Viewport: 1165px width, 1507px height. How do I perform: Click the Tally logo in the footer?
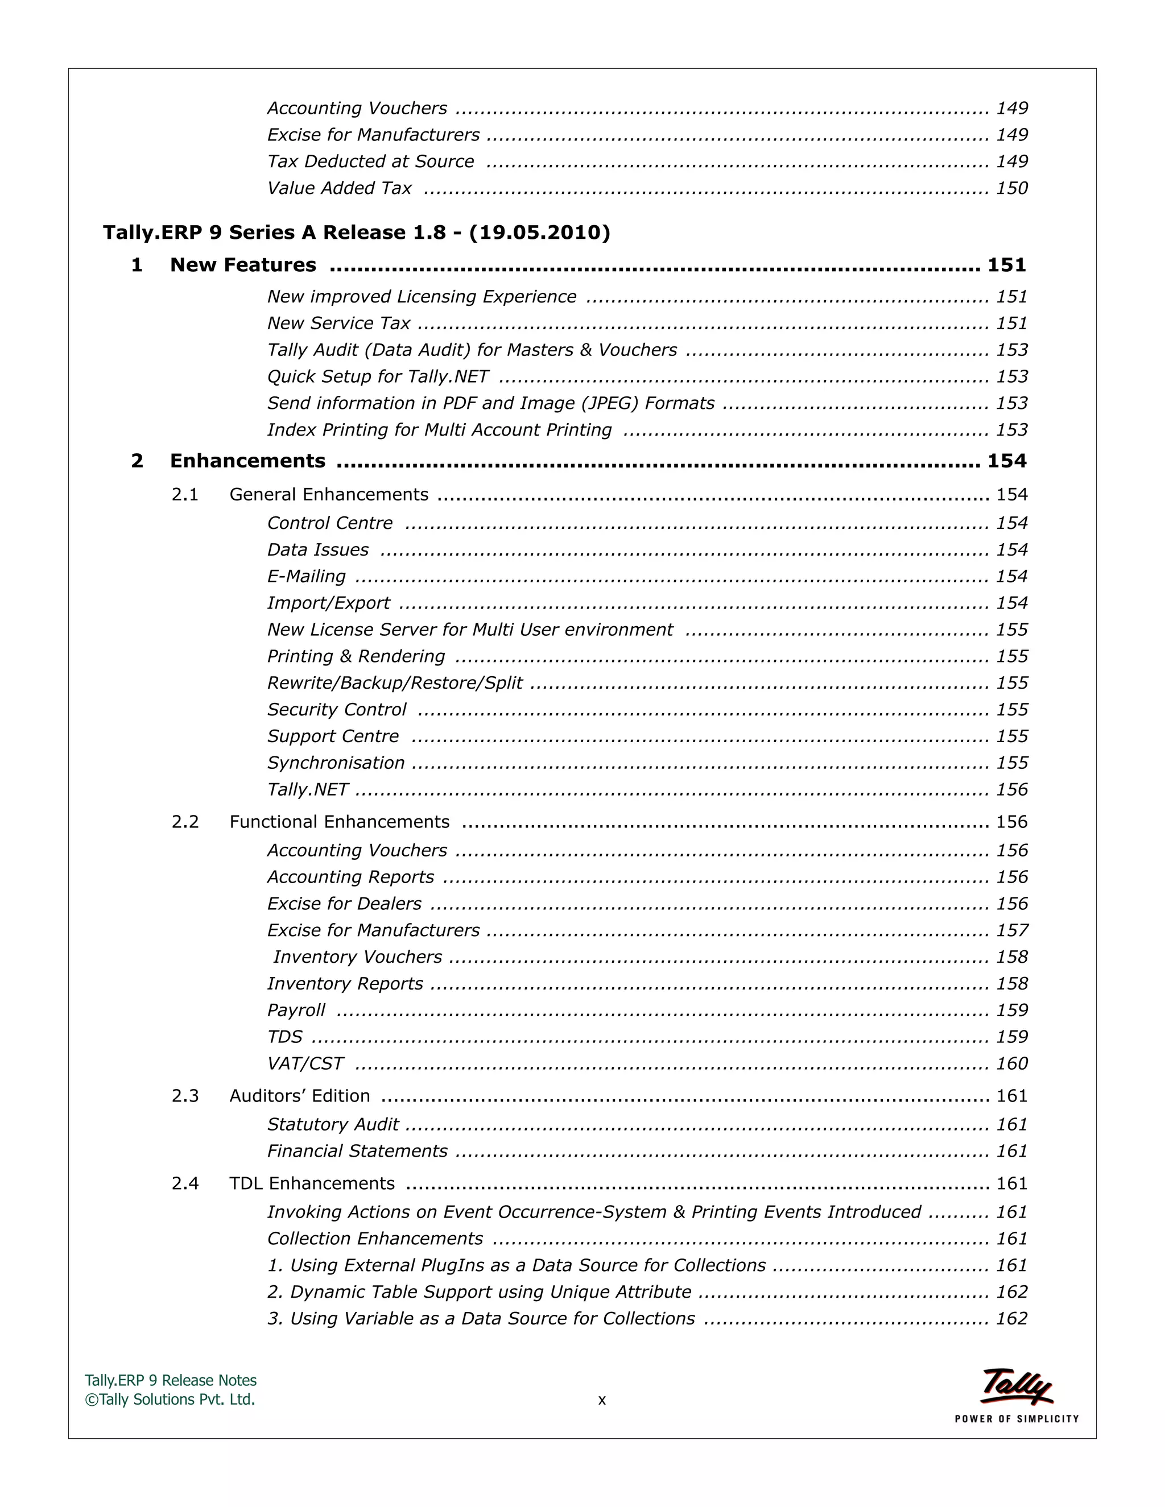click(1016, 1386)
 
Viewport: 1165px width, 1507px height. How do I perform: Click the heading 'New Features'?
click(243, 265)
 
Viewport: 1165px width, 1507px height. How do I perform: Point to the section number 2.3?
click(185, 1096)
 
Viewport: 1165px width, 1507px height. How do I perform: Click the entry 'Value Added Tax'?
click(339, 188)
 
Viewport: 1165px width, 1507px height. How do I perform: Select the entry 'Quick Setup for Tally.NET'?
click(378, 376)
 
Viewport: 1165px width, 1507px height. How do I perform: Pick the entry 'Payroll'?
click(296, 1010)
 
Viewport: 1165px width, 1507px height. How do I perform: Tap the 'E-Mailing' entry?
click(307, 576)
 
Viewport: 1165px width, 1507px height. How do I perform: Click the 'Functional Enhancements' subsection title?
click(339, 822)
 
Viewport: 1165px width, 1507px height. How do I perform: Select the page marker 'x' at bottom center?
click(602, 1400)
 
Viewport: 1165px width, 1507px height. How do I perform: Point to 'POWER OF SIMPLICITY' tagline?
click(1016, 1419)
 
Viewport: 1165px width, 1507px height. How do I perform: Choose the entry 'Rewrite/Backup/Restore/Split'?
click(395, 683)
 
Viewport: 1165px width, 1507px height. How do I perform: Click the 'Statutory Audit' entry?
click(333, 1125)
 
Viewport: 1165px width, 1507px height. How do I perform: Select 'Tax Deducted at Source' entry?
click(371, 162)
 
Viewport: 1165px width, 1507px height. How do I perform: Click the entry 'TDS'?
click(284, 1037)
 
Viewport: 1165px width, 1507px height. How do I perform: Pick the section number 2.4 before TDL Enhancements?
click(185, 1183)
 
